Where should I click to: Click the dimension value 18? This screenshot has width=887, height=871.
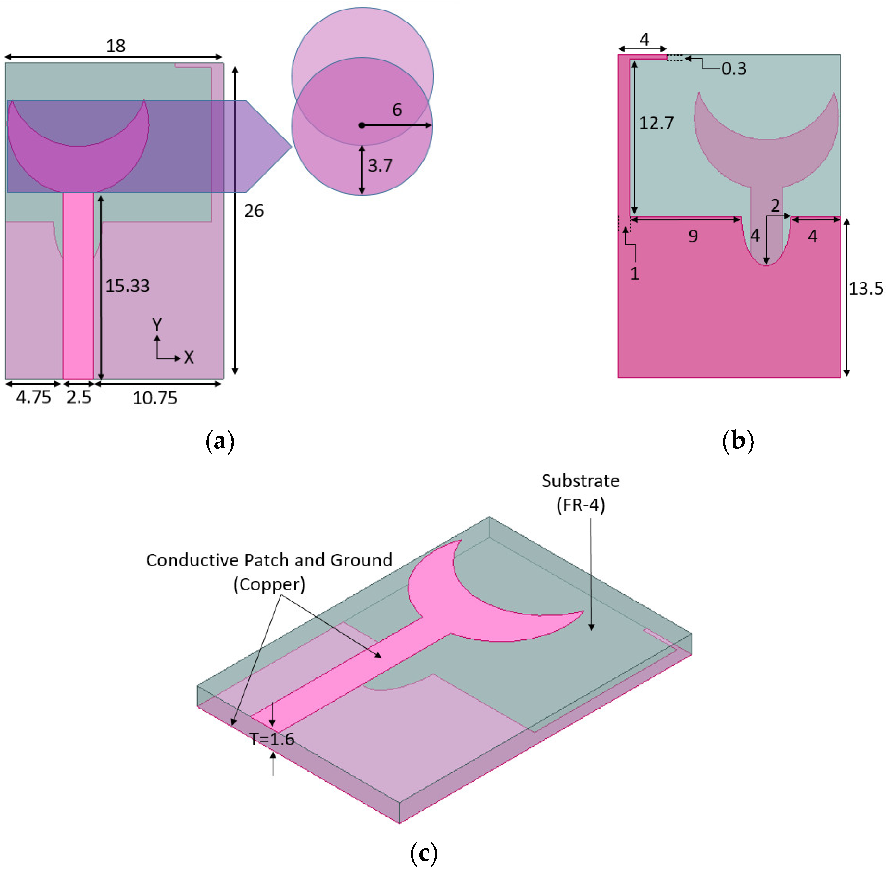point(116,46)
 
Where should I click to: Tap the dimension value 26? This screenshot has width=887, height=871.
point(254,211)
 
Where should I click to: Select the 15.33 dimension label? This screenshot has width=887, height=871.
point(127,286)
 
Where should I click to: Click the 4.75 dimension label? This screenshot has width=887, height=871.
point(33,397)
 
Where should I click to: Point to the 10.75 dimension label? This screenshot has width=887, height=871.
point(154,398)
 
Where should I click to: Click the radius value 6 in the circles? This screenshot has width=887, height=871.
point(397,110)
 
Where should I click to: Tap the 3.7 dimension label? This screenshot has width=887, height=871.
point(380,165)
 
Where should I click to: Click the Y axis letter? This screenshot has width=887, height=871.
point(157,325)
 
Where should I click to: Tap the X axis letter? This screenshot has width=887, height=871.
point(189,357)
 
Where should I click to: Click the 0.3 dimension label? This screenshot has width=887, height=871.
point(733,69)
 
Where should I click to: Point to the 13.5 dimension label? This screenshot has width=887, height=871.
point(865,288)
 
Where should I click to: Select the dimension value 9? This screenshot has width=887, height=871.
point(693,236)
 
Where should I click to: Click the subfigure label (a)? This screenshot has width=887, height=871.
point(220,442)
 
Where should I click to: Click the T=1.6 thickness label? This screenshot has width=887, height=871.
point(272,739)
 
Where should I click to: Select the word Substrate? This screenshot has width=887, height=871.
point(580,481)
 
